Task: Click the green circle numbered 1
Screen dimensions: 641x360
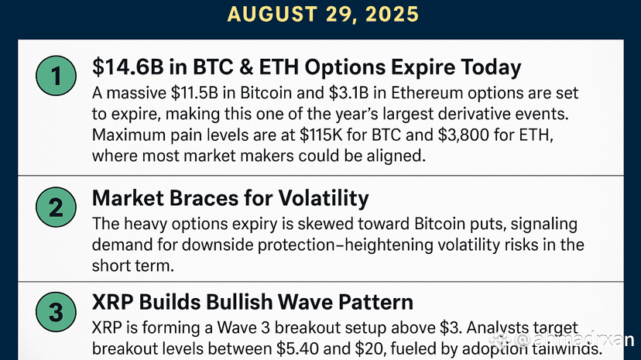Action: click(56, 76)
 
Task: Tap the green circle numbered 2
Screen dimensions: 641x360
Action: click(56, 207)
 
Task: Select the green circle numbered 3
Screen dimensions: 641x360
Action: click(56, 312)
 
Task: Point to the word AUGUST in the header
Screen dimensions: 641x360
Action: click(273, 14)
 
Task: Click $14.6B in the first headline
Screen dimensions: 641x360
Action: click(128, 67)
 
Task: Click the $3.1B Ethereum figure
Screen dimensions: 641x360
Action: click(348, 93)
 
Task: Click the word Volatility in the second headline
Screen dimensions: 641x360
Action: click(324, 198)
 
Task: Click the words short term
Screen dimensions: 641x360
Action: click(133, 266)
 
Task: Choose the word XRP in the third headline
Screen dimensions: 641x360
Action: click(113, 303)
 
